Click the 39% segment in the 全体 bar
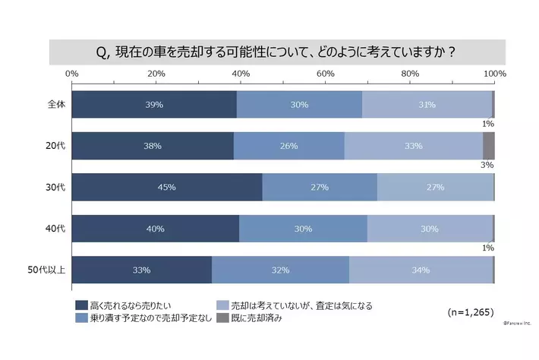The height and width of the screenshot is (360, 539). (154, 104)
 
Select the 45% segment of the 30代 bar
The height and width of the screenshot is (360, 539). (167, 187)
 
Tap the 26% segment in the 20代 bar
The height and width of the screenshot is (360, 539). (288, 146)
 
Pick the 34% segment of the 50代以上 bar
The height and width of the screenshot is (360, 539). (421, 270)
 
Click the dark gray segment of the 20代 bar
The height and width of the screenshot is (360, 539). (488, 146)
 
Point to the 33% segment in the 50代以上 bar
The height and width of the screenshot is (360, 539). (141, 270)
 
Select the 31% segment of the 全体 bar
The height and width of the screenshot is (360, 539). (427, 104)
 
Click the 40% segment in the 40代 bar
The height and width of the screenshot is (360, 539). (156, 229)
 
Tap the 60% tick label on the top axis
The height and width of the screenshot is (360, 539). (326, 73)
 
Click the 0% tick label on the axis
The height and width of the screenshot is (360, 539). (72, 73)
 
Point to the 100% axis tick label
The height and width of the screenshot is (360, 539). (495, 73)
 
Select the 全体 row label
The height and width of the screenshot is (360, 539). (55, 104)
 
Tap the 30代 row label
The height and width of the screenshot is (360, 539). (55, 187)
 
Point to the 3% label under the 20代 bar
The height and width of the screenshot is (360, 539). (487, 165)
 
